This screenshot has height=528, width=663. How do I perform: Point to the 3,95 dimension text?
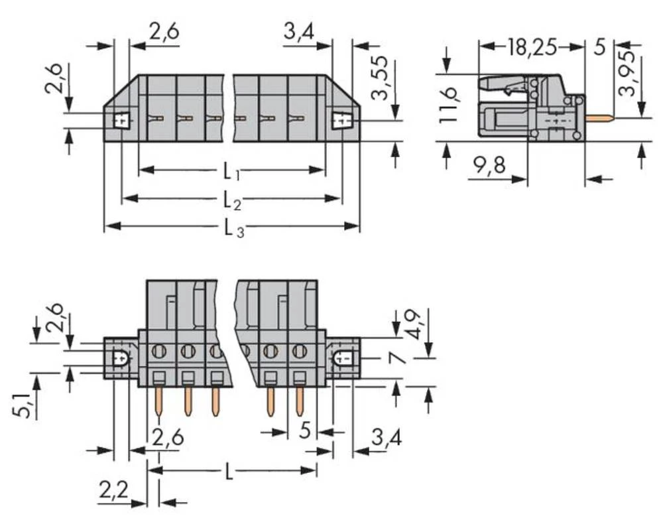(x=628, y=71)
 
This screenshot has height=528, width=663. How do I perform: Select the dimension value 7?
(x=395, y=359)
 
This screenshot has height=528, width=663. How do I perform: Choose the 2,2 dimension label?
(x=112, y=492)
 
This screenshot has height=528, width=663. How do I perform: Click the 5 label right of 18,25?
(x=599, y=48)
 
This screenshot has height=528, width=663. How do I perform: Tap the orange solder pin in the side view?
(x=600, y=119)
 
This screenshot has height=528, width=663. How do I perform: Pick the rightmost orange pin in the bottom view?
(x=300, y=402)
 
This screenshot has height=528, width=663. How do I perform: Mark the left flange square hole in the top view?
(x=121, y=121)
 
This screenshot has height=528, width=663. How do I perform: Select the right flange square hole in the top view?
(x=341, y=121)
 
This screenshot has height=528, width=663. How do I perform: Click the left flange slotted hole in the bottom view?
(x=120, y=359)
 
